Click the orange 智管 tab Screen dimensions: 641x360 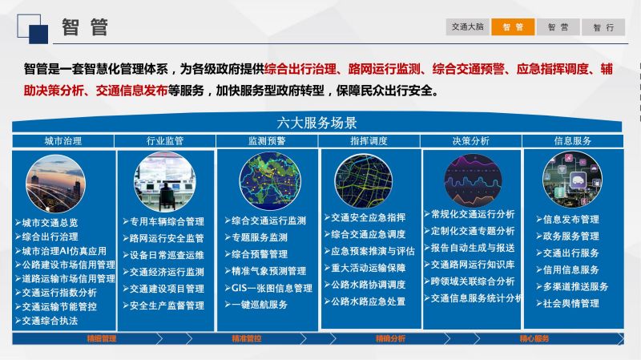[513, 27]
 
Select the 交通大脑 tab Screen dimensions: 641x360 [467, 27]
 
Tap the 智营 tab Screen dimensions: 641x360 [558, 27]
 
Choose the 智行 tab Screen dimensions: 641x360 [603, 27]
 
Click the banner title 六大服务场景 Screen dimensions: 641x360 [316, 123]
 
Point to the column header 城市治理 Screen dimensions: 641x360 [63, 141]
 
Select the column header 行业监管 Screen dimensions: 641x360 [165, 141]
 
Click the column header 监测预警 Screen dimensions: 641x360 [267, 141]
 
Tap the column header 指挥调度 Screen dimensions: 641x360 [369, 141]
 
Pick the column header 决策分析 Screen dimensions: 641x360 [471, 141]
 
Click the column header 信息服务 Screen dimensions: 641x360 [573, 141]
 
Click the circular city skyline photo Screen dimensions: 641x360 [55, 184]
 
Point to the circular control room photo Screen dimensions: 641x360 [165, 182]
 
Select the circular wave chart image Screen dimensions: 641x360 [473, 180]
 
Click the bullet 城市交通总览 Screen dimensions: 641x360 [46, 223]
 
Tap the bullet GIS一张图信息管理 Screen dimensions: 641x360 [268, 288]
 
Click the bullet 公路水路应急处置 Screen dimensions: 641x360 [365, 301]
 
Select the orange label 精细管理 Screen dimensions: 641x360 [102, 338]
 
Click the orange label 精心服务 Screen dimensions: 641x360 [534, 338]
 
